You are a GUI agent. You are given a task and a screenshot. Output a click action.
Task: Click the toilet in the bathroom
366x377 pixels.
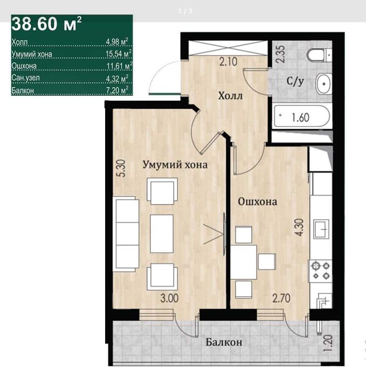click(320, 55)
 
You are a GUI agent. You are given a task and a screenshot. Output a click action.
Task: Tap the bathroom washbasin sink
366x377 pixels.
click(324, 84)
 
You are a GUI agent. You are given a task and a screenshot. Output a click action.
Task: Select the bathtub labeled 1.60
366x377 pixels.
click(302, 117)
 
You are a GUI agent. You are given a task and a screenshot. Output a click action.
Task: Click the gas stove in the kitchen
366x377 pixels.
click(321, 270)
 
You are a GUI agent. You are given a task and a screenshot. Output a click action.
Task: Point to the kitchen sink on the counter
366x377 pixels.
click(321, 229)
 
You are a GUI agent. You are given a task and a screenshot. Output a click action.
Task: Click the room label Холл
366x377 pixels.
click(230, 96)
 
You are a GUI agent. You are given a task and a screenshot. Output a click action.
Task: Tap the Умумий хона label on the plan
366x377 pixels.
click(175, 165)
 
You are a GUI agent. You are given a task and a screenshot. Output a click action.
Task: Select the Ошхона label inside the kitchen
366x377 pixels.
click(258, 201)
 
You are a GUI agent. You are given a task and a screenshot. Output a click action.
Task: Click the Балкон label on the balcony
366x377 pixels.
click(224, 342)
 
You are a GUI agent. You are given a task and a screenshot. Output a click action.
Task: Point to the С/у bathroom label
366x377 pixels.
click(295, 81)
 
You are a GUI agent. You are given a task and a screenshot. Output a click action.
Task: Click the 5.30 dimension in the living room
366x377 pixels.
click(122, 168)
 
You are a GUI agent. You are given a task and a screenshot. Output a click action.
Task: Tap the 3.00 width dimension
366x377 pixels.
click(169, 298)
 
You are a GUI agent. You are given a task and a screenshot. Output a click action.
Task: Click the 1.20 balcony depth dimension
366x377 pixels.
click(328, 344)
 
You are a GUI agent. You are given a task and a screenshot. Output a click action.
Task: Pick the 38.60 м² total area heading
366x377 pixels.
click(46, 24)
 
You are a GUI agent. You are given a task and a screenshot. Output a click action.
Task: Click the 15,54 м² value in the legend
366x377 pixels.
click(119, 53)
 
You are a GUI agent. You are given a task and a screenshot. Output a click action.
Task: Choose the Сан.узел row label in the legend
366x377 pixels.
click(25, 78)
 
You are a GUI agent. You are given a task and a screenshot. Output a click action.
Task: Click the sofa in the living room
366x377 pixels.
click(126, 234)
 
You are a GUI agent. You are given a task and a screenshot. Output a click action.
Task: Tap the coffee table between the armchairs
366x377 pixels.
click(162, 234)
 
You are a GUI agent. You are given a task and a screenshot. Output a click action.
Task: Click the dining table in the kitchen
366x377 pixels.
click(244, 262)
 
